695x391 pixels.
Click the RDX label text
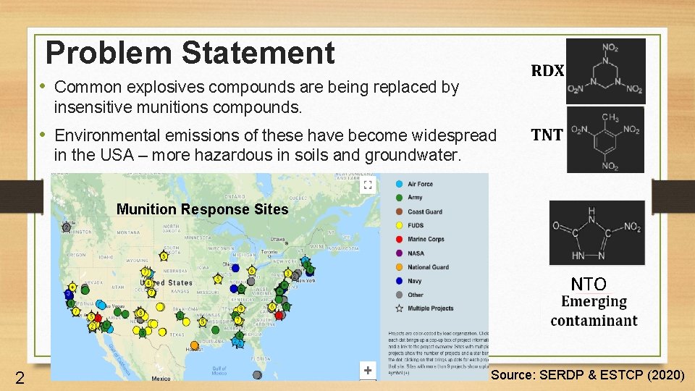pyautogui.click(x=547, y=71)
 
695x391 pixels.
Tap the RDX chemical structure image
pyautogui.click(x=605, y=70)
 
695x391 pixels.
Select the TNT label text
pyautogui.click(x=547, y=134)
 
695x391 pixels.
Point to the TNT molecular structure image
pyautogui.click(x=605, y=139)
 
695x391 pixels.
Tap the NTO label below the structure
pyautogui.click(x=588, y=284)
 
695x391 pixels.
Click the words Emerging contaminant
pyautogui.click(x=594, y=311)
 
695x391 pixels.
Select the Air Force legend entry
pyautogui.click(x=420, y=184)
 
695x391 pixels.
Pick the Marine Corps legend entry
pyautogui.click(x=426, y=239)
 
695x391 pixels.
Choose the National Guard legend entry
pyautogui.click(x=428, y=266)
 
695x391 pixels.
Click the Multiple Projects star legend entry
pyautogui.click(x=430, y=308)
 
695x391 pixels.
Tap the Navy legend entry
pyautogui.click(x=415, y=281)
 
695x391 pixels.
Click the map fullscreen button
pyautogui.click(x=368, y=185)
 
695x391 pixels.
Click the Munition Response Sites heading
pyautogui.click(x=202, y=210)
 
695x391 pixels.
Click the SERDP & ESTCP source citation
pyautogui.click(x=587, y=374)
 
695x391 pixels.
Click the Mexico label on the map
pyautogui.click(x=161, y=378)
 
